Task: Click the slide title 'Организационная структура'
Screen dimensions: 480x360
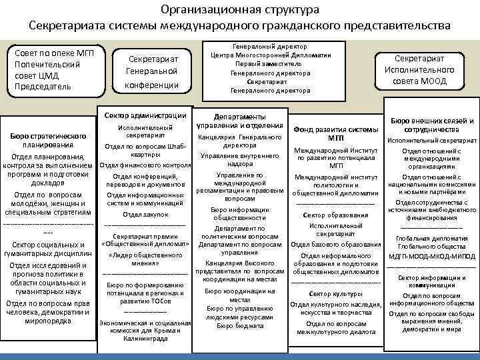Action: point(240,10)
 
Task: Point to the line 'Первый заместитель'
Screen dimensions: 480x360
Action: point(270,64)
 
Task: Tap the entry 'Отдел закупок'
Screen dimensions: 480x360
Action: point(145,215)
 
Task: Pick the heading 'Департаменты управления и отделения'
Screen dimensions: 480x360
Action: point(241,119)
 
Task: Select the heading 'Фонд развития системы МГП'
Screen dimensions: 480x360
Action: point(335,133)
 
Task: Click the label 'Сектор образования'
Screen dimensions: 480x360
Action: point(335,215)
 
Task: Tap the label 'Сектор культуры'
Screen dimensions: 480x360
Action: point(335,293)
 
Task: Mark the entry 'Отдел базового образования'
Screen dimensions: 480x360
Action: point(335,245)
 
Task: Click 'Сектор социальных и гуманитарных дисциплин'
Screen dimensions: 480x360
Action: point(47,249)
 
